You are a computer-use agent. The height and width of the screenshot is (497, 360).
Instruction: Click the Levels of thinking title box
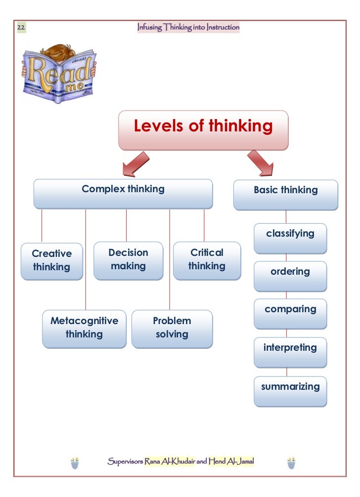[203, 130]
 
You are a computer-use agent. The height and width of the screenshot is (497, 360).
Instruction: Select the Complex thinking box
[123, 193]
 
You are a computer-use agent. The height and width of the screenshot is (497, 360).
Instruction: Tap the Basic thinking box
[285, 195]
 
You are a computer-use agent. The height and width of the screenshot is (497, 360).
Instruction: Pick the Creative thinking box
[52, 261]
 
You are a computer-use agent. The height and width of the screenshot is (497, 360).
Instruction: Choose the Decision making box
[128, 260]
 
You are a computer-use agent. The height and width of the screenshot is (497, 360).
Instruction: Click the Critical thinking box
[207, 260]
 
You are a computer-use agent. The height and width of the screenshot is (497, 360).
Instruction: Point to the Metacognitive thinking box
[84, 329]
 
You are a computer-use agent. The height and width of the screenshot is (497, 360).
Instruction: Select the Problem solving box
[172, 329]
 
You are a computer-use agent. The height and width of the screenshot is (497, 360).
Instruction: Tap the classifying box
[290, 238]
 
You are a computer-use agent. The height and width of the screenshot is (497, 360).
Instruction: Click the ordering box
[290, 276]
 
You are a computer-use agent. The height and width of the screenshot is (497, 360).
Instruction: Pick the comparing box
[290, 314]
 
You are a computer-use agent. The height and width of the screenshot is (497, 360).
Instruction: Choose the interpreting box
[290, 352]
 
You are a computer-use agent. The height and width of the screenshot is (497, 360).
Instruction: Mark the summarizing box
[290, 390]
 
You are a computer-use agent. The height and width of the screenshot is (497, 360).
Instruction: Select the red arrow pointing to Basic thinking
[261, 163]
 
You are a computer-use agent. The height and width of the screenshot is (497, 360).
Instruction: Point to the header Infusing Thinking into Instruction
[188, 28]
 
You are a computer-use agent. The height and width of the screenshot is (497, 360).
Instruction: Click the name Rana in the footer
[154, 462]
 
